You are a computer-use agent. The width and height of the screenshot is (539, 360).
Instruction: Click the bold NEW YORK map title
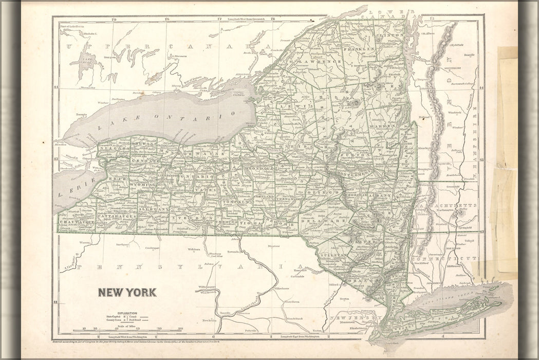127,293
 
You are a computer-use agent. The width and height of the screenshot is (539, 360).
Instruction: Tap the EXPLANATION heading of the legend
127,313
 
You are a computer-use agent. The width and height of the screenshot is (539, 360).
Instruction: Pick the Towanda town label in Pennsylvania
234,253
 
